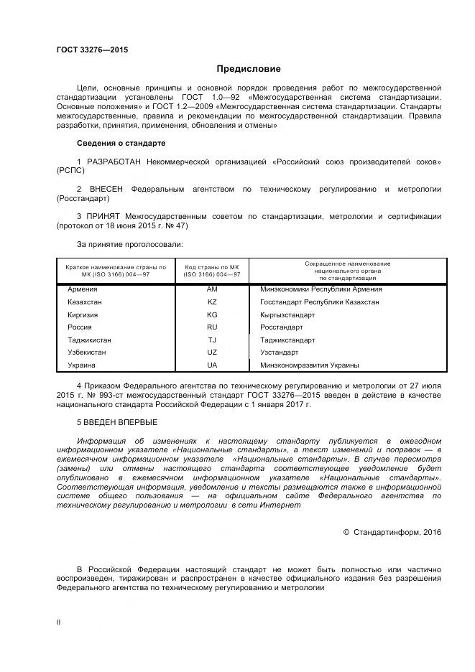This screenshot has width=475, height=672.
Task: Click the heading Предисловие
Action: tap(249, 69)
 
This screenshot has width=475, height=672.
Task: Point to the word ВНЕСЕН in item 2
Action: tap(107, 189)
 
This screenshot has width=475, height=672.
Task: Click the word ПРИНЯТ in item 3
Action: tap(104, 216)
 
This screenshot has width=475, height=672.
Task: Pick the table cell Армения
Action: tap(82, 289)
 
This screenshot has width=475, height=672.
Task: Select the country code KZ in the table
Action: tap(211, 302)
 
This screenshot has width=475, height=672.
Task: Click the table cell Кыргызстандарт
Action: tap(287, 315)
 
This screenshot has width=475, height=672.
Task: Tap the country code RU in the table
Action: tap(211, 327)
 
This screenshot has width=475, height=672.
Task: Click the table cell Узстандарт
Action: tap(279, 353)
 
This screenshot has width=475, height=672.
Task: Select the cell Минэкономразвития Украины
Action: tap(305, 365)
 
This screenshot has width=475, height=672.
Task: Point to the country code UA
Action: tap(211, 365)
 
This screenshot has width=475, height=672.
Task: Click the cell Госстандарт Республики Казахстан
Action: tap(319, 302)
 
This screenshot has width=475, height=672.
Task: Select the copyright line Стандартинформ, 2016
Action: tap(392, 532)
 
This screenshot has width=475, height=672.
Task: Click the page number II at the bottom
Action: tap(58, 622)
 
